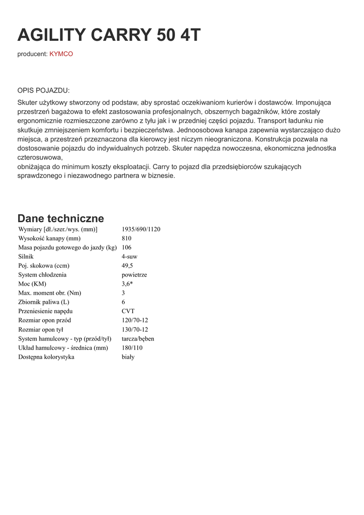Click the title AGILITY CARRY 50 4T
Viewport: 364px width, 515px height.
pos(109,35)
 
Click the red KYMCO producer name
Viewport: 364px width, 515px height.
pos(61,54)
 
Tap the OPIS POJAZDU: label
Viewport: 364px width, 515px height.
pos(44,91)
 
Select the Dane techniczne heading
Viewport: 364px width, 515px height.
pos(61,218)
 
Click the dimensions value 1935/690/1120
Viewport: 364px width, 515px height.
pos(141,229)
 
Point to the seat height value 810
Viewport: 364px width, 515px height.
pos(127,238)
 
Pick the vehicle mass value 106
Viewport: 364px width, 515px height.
pos(127,247)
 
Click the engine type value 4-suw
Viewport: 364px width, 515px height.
pos(130,256)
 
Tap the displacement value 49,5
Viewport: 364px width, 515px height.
pos(127,266)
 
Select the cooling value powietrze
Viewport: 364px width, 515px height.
pos(134,275)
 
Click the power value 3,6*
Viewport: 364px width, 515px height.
pos(127,284)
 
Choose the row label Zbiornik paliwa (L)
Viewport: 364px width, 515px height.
pos(44,302)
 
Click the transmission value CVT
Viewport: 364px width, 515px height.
pos(128,311)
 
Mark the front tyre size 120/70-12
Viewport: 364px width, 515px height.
pos(135,320)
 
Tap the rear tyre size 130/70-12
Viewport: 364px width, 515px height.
pos(135,329)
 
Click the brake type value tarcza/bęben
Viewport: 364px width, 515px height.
pos(138,338)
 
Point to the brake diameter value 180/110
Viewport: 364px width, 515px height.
pos(132,348)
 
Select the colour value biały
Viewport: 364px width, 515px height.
pos(128,357)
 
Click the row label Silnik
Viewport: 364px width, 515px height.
pos(26,256)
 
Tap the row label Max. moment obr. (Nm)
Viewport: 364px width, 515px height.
pos(50,293)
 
